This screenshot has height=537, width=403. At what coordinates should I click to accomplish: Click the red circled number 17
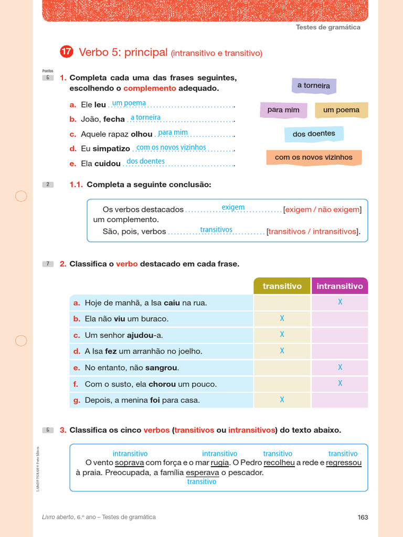click(66, 51)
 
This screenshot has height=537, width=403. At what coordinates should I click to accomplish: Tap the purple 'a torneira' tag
click(314, 85)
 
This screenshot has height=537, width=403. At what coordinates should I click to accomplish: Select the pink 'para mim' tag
click(283, 110)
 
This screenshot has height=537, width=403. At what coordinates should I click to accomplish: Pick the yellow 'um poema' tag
click(341, 110)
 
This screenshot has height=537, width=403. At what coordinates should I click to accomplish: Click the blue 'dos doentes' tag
click(314, 134)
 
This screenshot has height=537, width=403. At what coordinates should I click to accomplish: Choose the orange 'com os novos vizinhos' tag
click(314, 157)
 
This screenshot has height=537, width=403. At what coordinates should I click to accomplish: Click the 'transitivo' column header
click(282, 286)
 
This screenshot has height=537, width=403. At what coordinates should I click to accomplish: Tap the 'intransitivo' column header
click(340, 286)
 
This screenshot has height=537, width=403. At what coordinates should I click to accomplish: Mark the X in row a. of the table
click(340, 302)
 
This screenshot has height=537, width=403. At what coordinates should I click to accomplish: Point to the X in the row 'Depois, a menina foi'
click(282, 400)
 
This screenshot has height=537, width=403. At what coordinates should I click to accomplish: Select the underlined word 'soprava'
click(129, 463)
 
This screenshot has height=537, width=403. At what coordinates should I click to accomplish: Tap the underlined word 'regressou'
click(344, 463)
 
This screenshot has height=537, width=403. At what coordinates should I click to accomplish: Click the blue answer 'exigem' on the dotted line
click(233, 207)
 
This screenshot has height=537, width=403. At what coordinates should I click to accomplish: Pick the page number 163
click(363, 517)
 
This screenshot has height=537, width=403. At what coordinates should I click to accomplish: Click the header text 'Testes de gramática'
click(328, 27)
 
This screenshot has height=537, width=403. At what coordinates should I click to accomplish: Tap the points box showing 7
click(48, 264)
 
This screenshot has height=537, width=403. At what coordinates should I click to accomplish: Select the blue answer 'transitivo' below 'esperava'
click(201, 481)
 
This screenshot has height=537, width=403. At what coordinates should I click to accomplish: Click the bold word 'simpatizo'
click(111, 149)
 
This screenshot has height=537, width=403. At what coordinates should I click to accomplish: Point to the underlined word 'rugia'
click(220, 463)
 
